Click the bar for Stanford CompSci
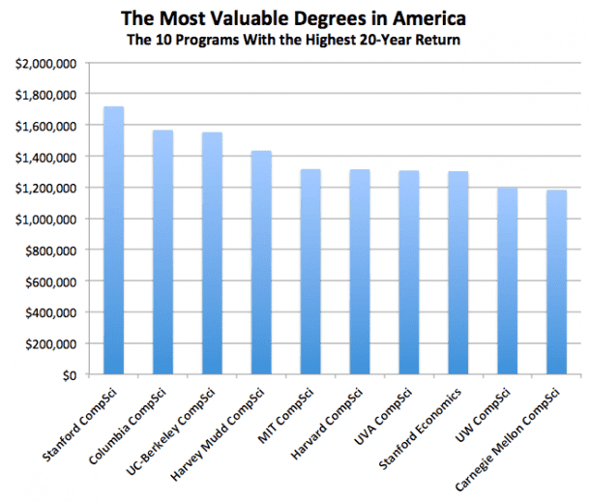pyautogui.click(x=114, y=242)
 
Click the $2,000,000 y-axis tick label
pyautogui.click(x=47, y=64)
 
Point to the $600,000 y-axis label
pyautogui.click(x=53, y=281)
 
